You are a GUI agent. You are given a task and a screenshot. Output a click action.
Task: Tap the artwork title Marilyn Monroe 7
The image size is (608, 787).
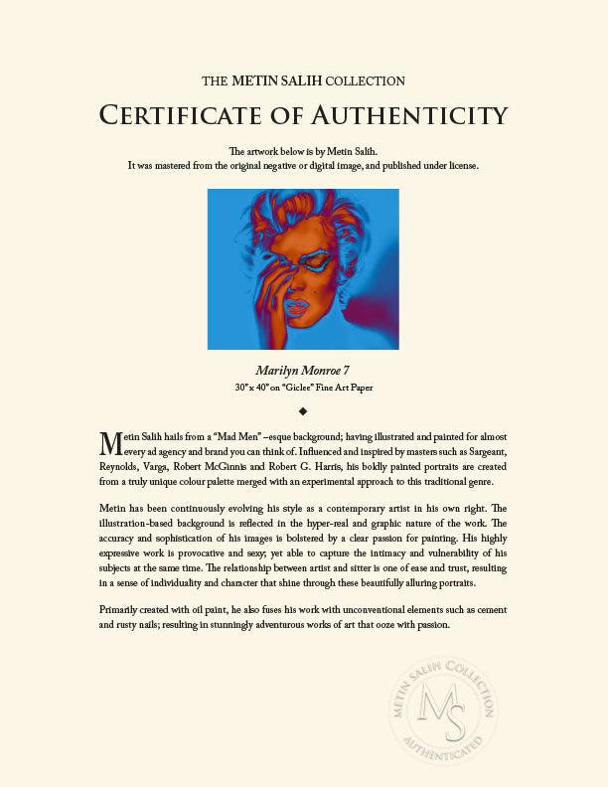coord(303,371)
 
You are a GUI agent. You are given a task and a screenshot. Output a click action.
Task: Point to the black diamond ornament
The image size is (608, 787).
coord(303,409)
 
